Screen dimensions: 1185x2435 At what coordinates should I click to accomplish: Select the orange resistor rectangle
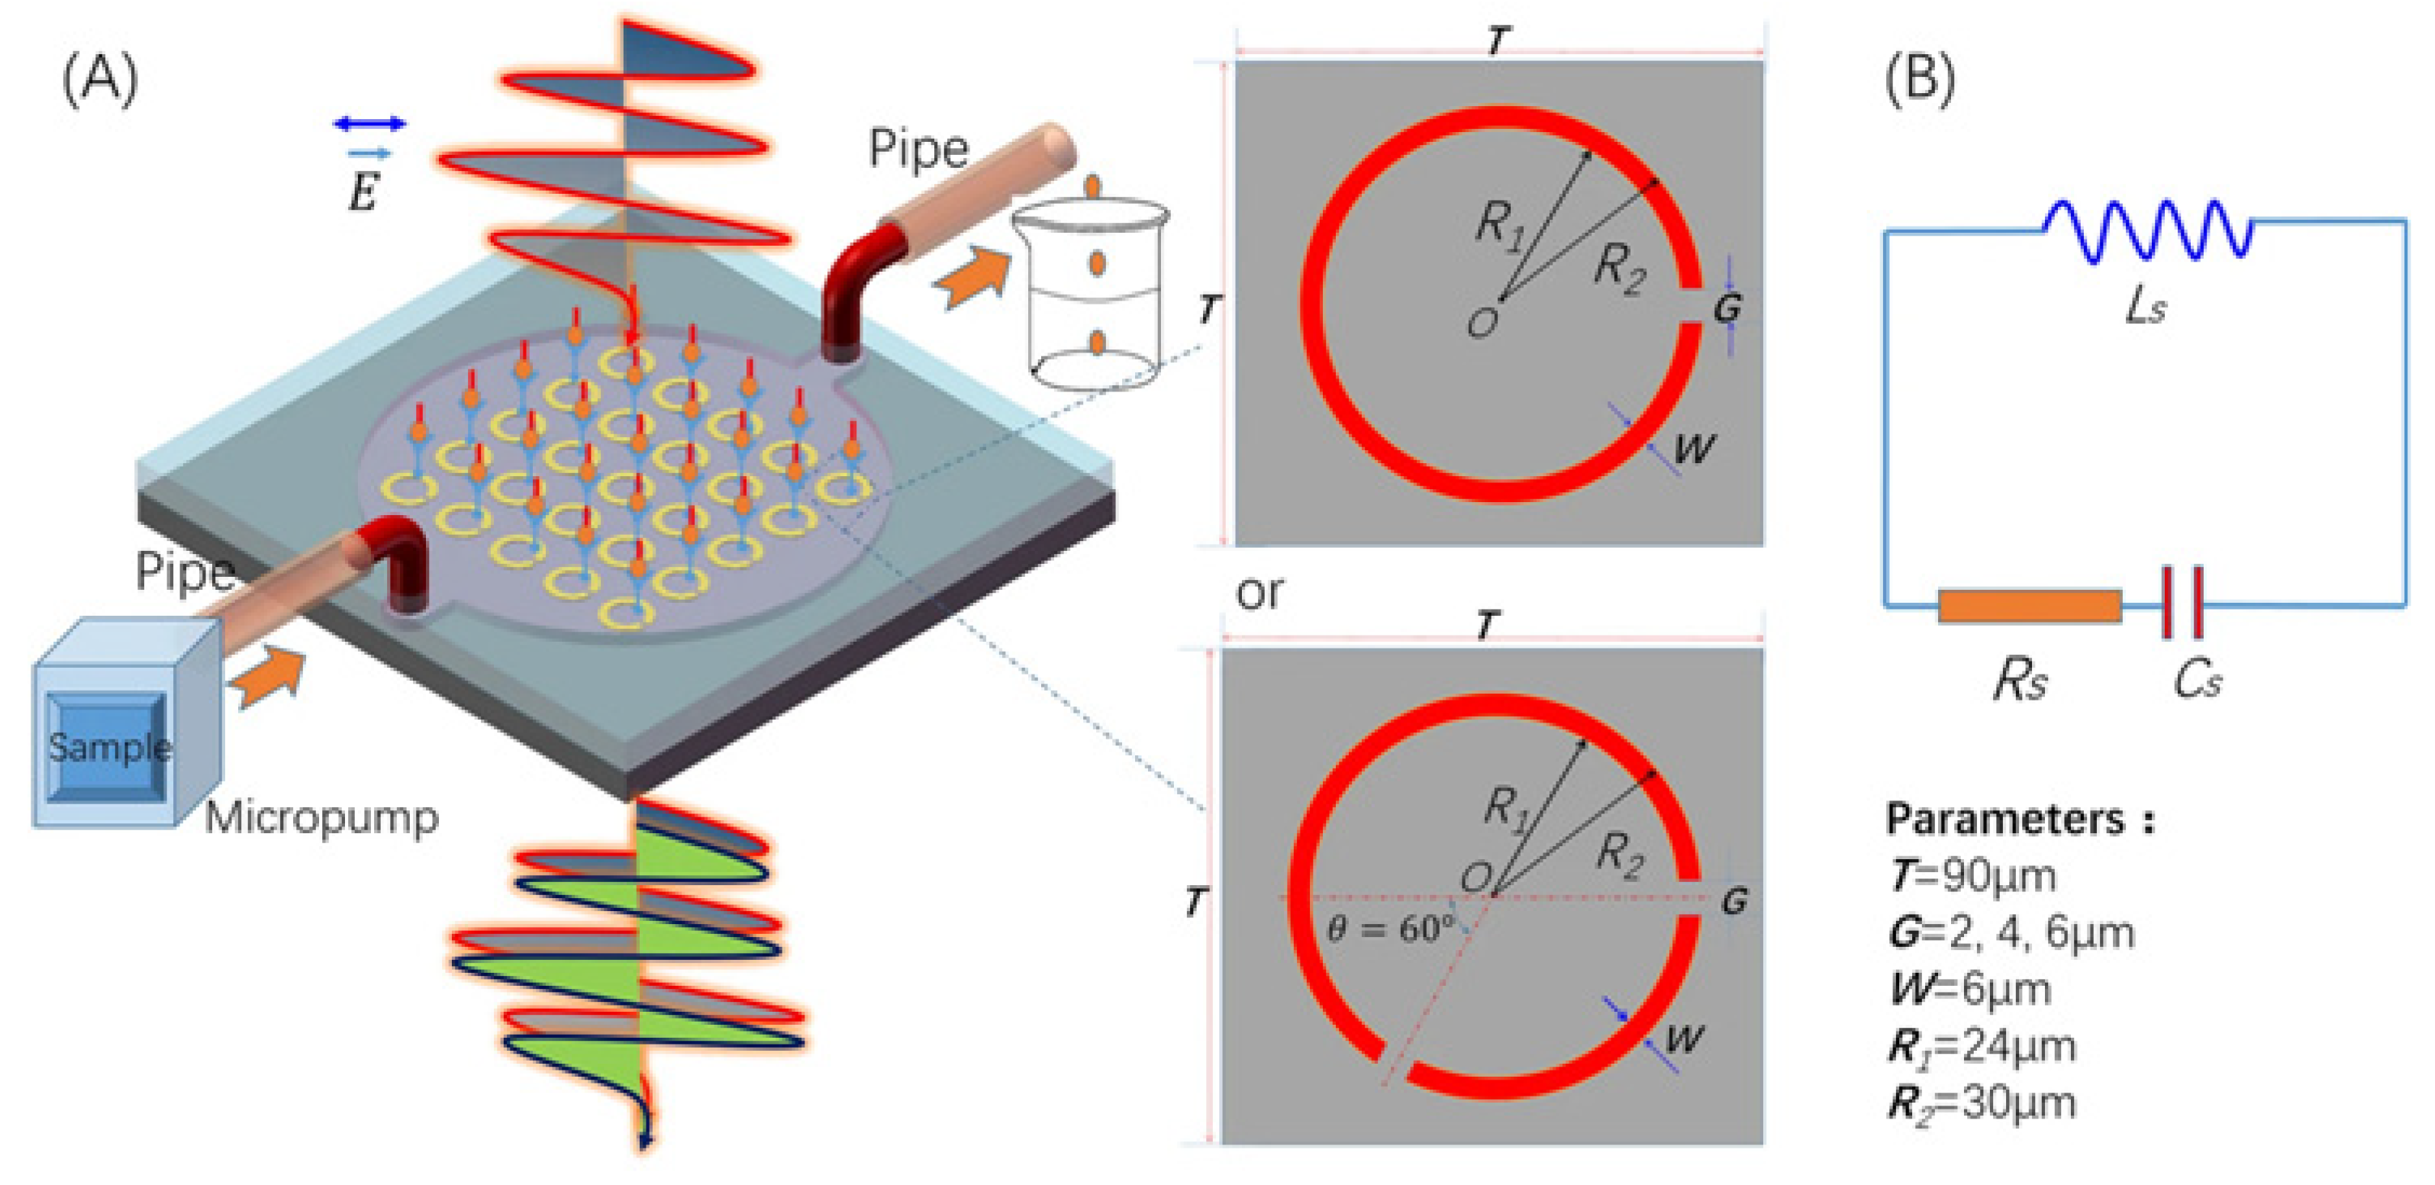point(2030,606)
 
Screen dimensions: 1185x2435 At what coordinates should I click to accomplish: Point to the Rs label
point(2020,679)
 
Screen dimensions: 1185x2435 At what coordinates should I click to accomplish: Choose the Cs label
point(2197,679)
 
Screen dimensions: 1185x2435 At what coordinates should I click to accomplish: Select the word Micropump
point(322,816)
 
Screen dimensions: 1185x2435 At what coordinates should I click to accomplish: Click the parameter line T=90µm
point(1971,876)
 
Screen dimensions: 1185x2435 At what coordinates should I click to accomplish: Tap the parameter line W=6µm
point(1969,990)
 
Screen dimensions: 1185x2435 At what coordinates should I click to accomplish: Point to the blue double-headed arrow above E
point(369,123)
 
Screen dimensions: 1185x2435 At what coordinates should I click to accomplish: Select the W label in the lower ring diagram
point(1685,1038)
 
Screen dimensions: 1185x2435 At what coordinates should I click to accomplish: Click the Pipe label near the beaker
point(918,148)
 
